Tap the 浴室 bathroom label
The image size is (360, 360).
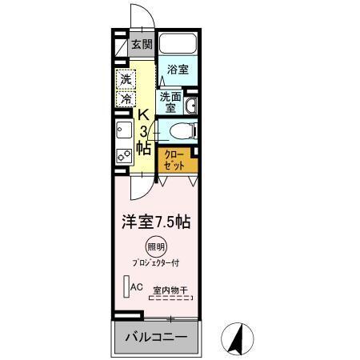(178, 70)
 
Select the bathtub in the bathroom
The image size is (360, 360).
(177, 44)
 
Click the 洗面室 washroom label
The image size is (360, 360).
(170, 102)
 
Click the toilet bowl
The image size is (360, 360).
(181, 130)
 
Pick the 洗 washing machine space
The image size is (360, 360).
(126, 80)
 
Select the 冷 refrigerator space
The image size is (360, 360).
(126, 98)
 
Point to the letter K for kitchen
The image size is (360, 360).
(144, 114)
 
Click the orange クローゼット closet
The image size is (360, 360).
(175, 159)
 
